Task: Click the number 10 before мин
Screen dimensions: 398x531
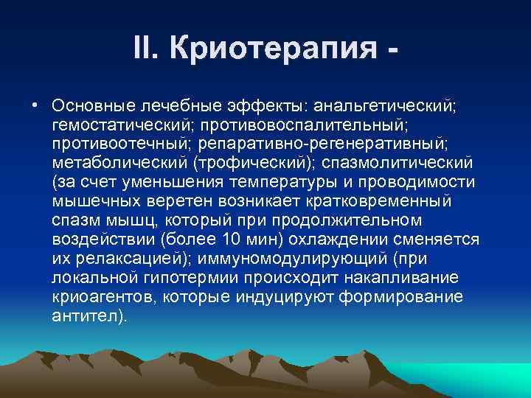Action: pyautogui.click(x=229, y=239)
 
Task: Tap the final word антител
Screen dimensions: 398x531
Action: pyautogui.click(x=86, y=315)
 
